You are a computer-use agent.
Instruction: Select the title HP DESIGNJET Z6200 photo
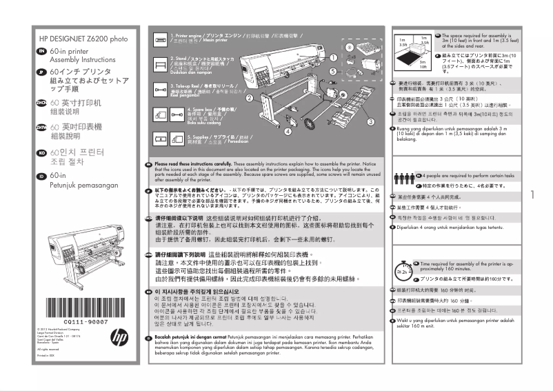pos(83,39)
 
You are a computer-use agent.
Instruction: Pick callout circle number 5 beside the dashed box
pos(333,70)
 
